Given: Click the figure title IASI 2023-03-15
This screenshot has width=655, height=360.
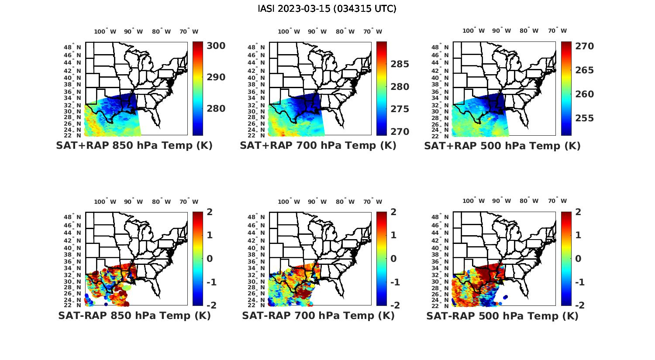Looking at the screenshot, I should click(x=327, y=9).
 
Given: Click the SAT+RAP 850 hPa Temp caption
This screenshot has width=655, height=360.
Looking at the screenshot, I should click(x=134, y=146).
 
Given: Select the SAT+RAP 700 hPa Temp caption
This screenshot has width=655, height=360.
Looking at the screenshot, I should click(x=318, y=146).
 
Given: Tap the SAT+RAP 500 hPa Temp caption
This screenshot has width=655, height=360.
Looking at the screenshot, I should click(x=502, y=146).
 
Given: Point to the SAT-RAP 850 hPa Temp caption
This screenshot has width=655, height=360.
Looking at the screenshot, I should click(x=134, y=316).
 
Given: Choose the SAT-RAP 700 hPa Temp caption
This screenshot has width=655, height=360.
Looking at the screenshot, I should click(x=318, y=316).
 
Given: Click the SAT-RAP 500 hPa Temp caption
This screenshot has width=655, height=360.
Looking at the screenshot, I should click(x=502, y=316).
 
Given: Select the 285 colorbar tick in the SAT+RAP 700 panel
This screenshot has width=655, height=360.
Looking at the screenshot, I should click(x=400, y=64).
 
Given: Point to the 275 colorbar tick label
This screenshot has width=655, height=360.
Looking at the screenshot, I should click(x=400, y=109).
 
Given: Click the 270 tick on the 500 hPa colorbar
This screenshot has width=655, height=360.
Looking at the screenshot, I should click(x=584, y=46).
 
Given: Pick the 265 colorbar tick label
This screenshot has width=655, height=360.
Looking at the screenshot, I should click(x=584, y=70).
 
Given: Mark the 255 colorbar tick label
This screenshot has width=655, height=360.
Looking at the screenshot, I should click(x=584, y=118).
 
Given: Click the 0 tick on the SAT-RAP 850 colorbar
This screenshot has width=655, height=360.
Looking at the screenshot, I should click(x=209, y=258).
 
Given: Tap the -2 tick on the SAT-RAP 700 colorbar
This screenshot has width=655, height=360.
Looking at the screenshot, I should click(x=394, y=305).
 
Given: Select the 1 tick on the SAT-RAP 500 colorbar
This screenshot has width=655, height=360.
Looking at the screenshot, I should click(x=578, y=235).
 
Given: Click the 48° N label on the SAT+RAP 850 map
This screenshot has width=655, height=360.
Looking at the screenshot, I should click(x=72, y=47).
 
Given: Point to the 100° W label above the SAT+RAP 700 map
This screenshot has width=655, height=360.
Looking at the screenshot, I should click(x=289, y=31).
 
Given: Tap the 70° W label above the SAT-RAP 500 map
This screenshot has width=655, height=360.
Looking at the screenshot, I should click(x=557, y=201).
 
